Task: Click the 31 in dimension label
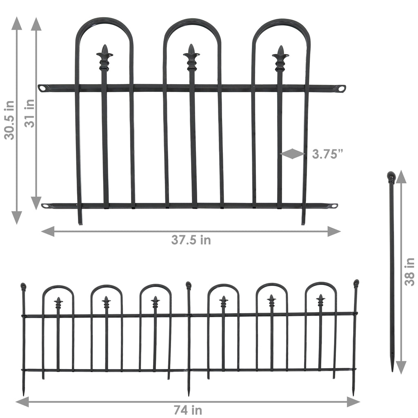coord(29,113)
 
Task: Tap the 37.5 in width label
coord(191,240)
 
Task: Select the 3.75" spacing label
coord(327,154)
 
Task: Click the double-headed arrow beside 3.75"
coord(293,153)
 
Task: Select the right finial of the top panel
coord(280,58)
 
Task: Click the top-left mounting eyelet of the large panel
coord(42,88)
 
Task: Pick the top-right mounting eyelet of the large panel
coord(342,88)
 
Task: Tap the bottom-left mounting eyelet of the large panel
coord(45,206)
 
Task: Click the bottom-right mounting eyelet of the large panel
coord(334,206)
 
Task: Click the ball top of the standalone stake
coord(391,177)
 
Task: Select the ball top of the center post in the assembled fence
coord(188,285)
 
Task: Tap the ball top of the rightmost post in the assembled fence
coord(356,283)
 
